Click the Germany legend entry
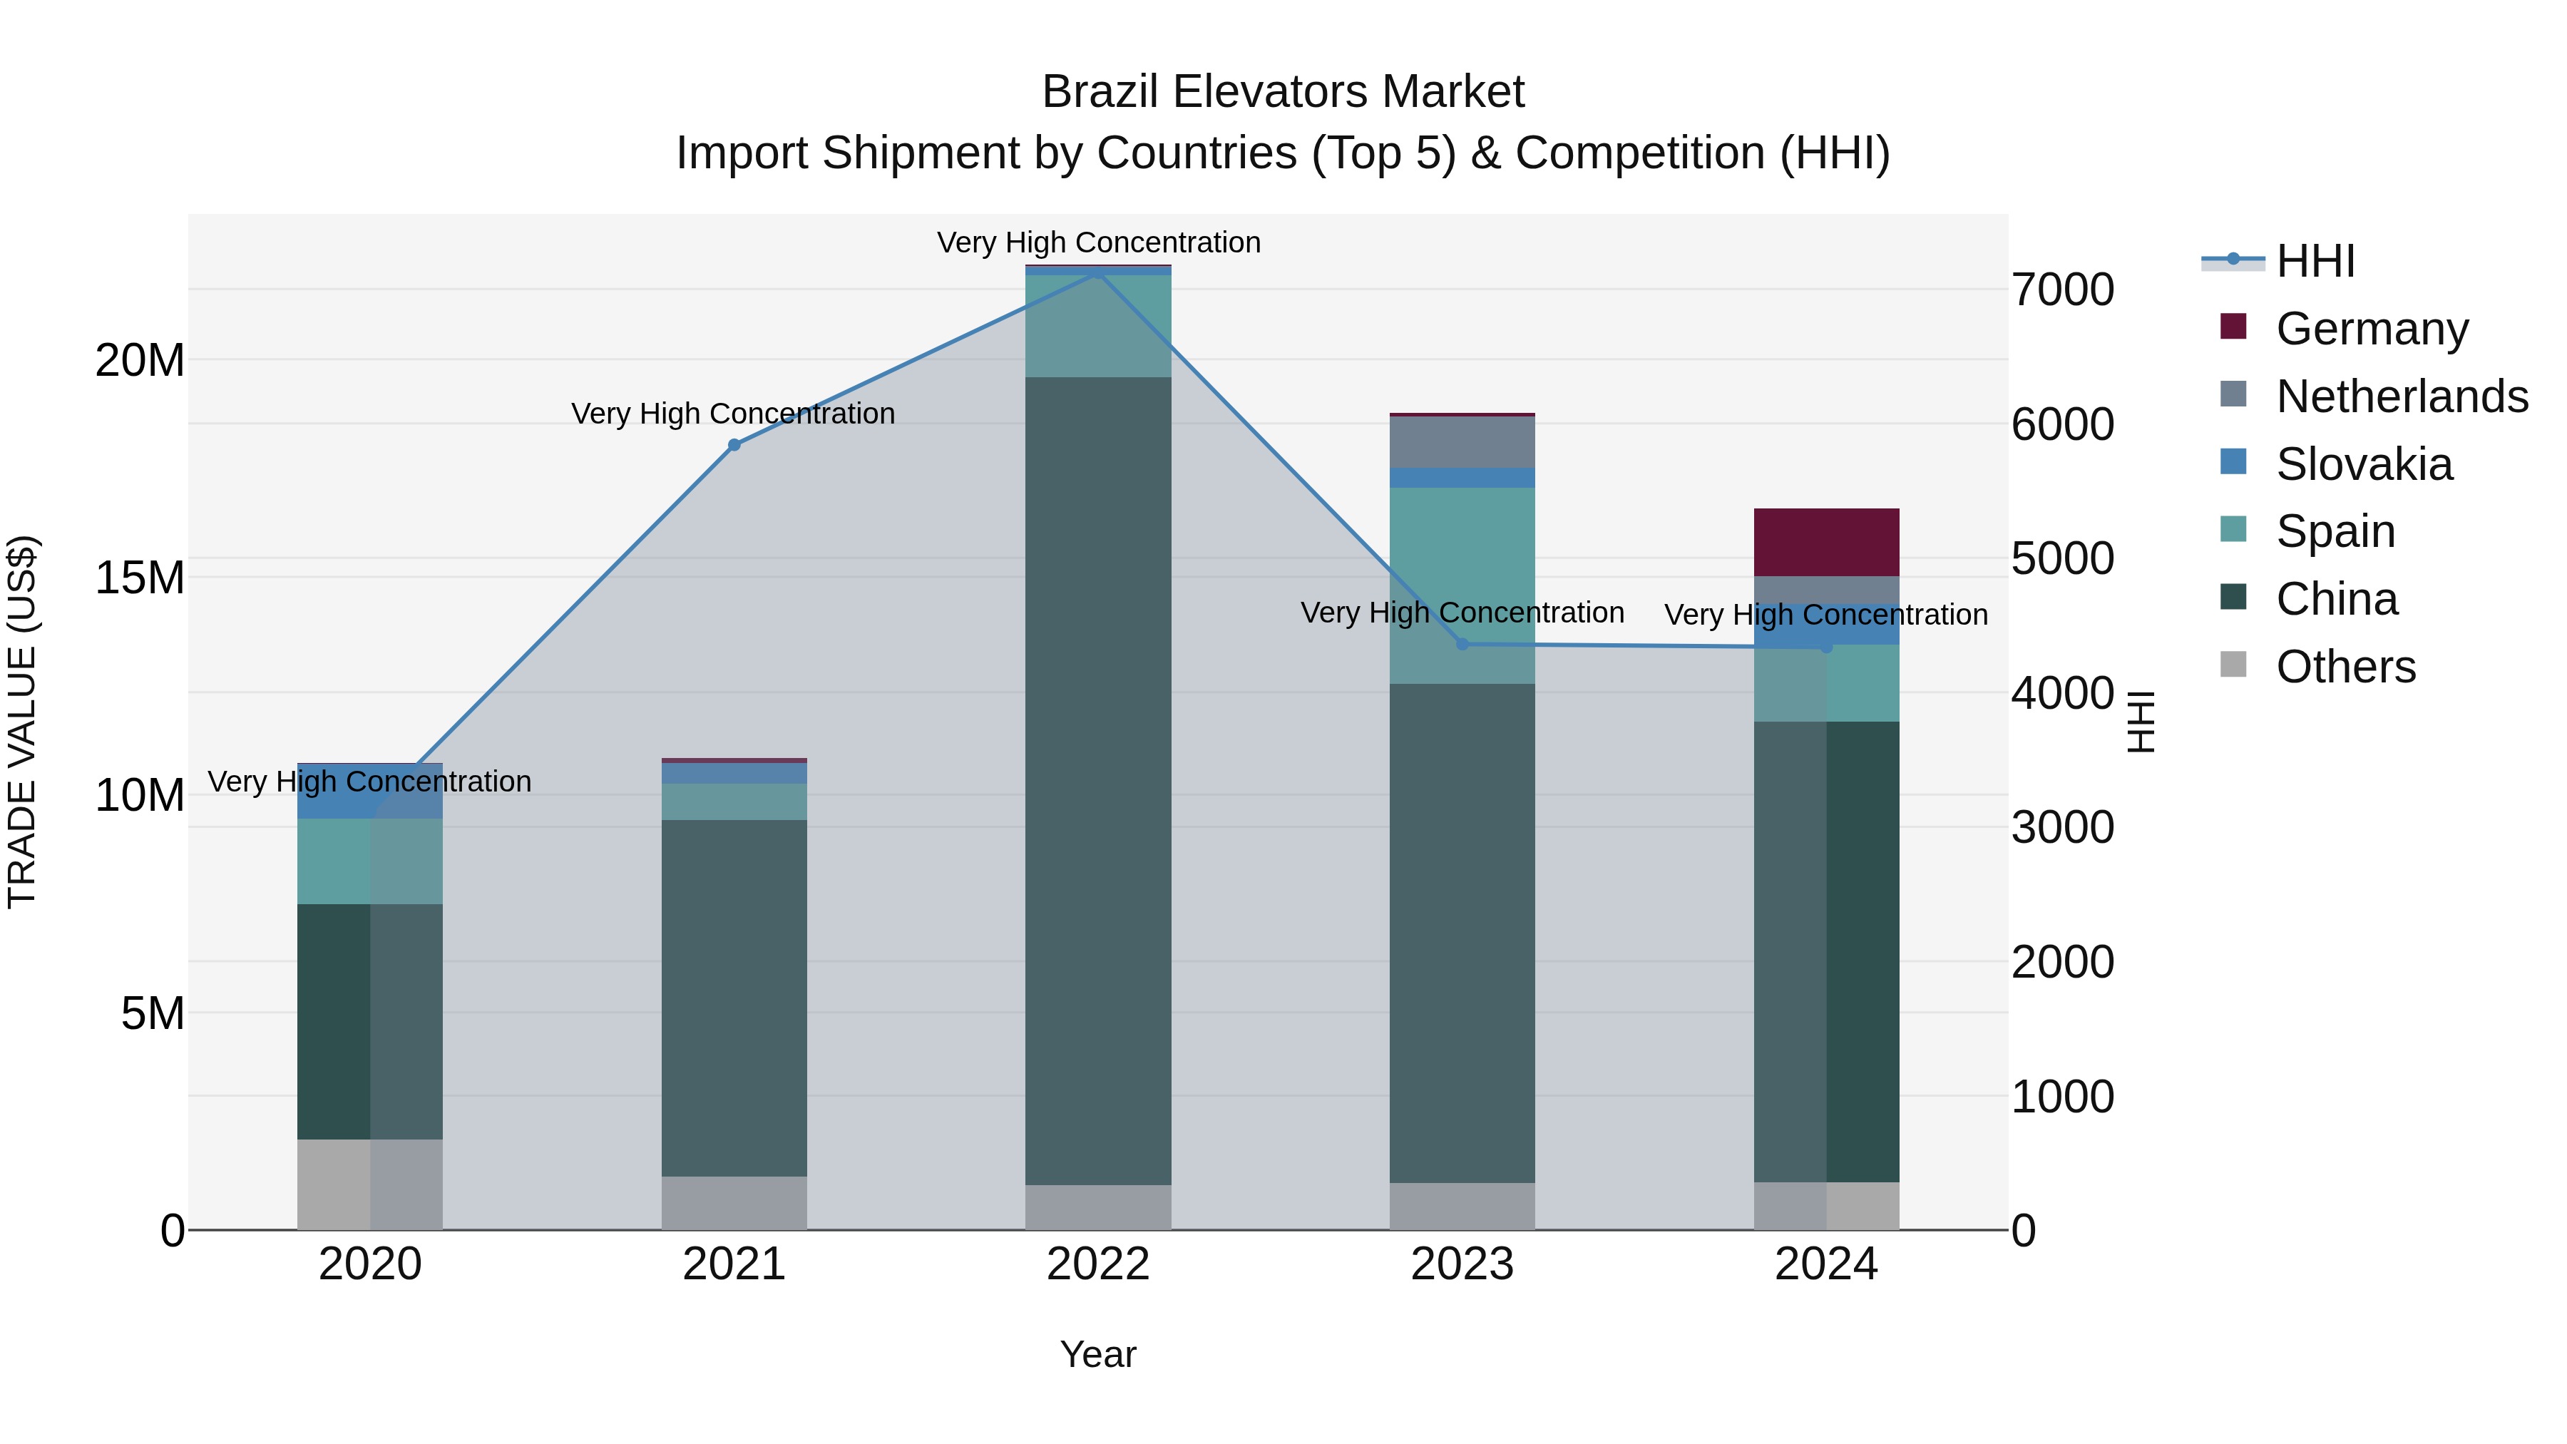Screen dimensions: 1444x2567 pyautogui.click(x=2372, y=329)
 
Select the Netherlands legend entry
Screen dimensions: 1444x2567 pyautogui.click(x=2402, y=396)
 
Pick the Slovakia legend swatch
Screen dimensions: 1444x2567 pyautogui.click(x=2233, y=461)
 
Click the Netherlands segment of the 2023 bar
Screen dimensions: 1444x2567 pyautogui.click(x=1462, y=441)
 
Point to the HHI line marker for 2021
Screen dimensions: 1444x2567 pyautogui.click(x=734, y=444)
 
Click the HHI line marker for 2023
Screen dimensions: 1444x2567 pyautogui.click(x=1462, y=644)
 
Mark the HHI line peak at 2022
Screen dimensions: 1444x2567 pyautogui.click(x=1098, y=272)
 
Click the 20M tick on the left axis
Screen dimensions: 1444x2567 pyautogui.click(x=140, y=360)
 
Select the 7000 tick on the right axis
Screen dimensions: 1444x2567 pyautogui.click(x=2061, y=290)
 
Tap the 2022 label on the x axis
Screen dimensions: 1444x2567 pyautogui.click(x=1098, y=1264)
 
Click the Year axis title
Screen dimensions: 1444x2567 pyautogui.click(x=1098, y=1354)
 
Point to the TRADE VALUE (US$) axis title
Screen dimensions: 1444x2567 pyautogui.click(x=22, y=722)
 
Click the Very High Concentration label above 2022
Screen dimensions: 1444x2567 pyautogui.click(x=1098, y=242)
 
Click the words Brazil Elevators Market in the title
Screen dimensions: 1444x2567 pyautogui.click(x=1283, y=92)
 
